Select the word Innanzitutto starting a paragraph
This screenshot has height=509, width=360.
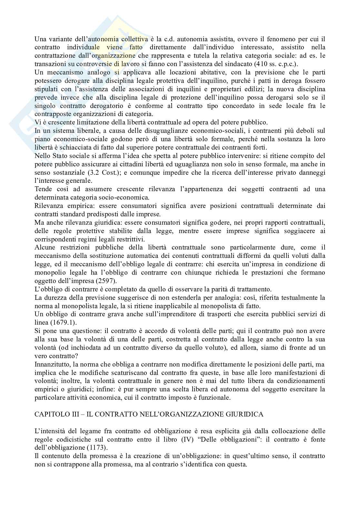[53, 364]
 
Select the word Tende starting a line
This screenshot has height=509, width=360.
[43, 189]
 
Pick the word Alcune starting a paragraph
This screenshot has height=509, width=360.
[45, 247]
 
